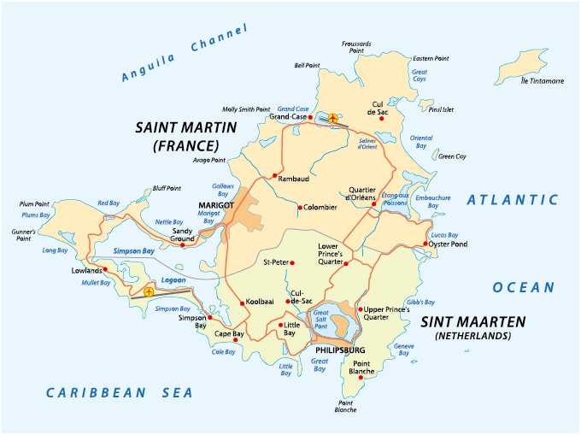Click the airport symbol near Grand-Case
point(332,119)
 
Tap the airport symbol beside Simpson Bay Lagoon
point(150,292)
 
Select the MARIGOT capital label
point(216,205)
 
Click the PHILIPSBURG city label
point(340,350)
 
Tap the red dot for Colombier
point(299,207)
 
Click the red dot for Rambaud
point(275,176)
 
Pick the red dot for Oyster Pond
point(425,244)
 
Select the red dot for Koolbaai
point(242,302)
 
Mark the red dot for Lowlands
point(104,270)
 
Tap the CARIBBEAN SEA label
point(120,392)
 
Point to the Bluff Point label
point(167,188)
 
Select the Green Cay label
point(452,156)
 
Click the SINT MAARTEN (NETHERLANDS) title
point(472,328)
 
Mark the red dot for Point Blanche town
point(364,377)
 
